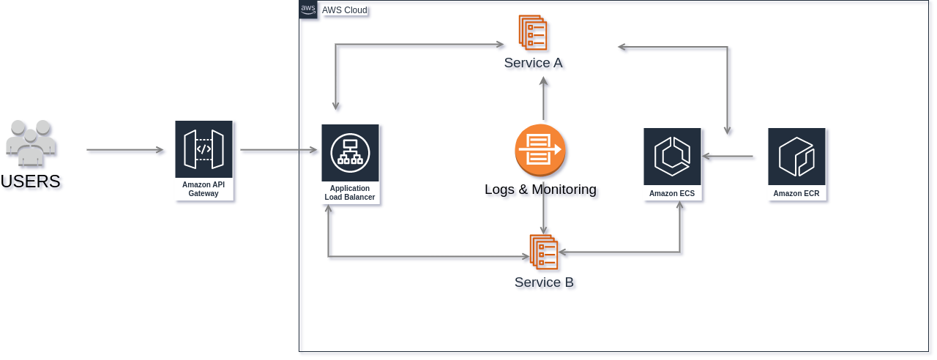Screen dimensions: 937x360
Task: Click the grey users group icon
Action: pyautogui.click(x=31, y=143)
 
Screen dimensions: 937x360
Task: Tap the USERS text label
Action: pyautogui.click(x=31, y=181)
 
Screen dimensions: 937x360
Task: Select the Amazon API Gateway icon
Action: pyautogui.click(x=204, y=149)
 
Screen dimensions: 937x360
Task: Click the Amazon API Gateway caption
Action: pyautogui.click(x=204, y=189)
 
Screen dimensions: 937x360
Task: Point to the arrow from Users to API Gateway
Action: pyautogui.click(x=125, y=150)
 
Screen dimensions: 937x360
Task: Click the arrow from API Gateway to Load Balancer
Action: pyautogui.click(x=279, y=150)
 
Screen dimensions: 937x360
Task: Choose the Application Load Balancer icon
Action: pyautogui.click(x=350, y=153)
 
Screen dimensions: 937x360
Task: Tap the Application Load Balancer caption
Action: pyautogui.click(x=350, y=192)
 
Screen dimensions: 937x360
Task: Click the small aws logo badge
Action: pyautogui.click(x=308, y=10)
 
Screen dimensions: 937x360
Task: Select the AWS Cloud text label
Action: pyautogui.click(x=345, y=10)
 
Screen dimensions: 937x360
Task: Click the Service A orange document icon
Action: pyautogui.click(x=533, y=33)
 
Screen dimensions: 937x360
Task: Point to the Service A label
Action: pyautogui.click(x=534, y=63)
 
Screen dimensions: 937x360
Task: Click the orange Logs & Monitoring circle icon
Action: pyautogui.click(x=540, y=150)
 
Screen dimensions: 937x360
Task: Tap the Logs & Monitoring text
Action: pyautogui.click(x=540, y=190)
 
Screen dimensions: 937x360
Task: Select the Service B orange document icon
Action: pyautogui.click(x=544, y=252)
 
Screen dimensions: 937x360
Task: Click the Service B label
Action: pyautogui.click(x=544, y=282)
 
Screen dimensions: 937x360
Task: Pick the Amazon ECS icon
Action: pyautogui.click(x=672, y=157)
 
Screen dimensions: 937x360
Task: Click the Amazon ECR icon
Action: pyautogui.click(x=797, y=157)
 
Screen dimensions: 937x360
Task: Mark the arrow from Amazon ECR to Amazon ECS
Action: pyautogui.click(x=728, y=157)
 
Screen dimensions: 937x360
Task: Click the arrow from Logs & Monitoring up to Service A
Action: pyautogui.click(x=544, y=99)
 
